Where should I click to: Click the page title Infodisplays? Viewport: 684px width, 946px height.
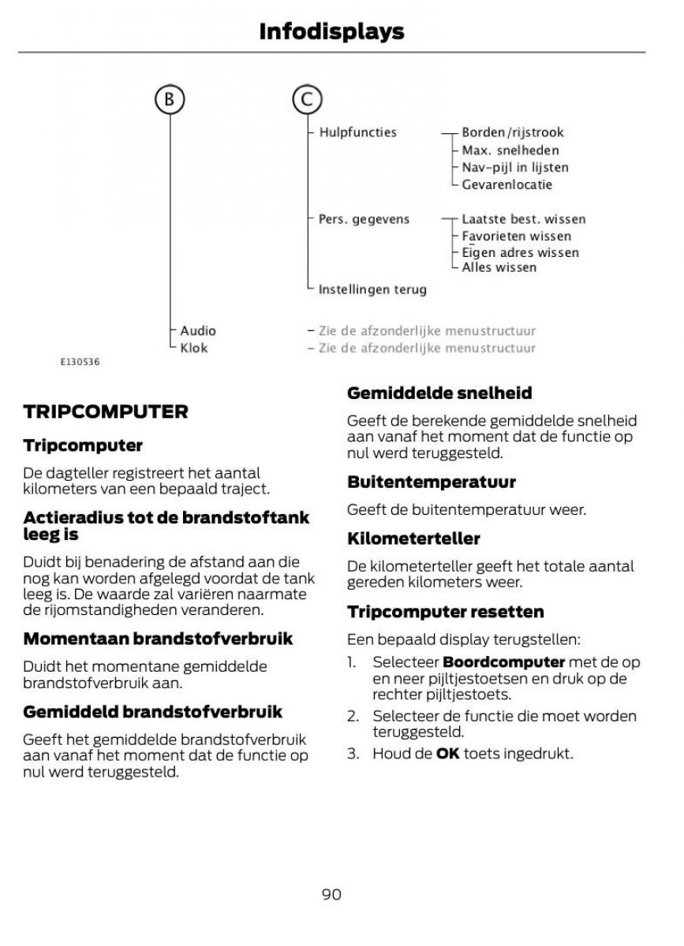[x=331, y=32]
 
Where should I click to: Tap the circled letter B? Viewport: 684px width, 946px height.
[x=169, y=99]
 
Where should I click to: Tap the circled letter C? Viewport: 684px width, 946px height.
[x=307, y=99]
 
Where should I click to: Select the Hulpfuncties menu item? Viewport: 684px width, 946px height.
[x=357, y=132]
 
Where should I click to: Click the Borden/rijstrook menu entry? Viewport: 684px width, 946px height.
[x=512, y=132]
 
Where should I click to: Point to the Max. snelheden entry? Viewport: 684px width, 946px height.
[x=510, y=150]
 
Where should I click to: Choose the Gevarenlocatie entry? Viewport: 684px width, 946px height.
[x=506, y=184]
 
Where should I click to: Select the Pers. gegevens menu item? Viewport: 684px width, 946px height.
[x=364, y=219]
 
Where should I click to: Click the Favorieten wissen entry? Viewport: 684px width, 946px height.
[x=516, y=236]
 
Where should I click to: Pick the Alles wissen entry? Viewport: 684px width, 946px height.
[x=499, y=267]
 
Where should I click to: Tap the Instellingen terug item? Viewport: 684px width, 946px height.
[x=372, y=289]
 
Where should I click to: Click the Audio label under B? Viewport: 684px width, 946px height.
[x=197, y=330]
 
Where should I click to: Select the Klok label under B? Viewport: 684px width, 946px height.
[x=194, y=348]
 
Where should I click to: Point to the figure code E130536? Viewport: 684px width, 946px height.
[x=80, y=363]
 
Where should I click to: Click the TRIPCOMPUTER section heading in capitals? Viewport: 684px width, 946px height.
[x=106, y=412]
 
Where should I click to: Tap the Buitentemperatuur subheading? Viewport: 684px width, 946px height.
[x=431, y=482]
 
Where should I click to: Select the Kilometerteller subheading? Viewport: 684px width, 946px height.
[x=413, y=538]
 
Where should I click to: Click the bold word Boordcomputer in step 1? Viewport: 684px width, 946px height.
[x=503, y=662]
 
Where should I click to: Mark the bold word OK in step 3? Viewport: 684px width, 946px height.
[x=447, y=754]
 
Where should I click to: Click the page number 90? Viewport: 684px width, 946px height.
[x=331, y=894]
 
